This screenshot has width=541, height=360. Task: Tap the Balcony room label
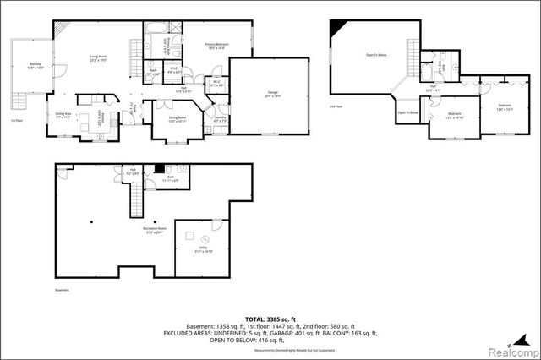tap(35, 65)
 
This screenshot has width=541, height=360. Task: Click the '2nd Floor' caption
tap(336, 107)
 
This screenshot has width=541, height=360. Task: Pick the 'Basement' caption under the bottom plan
tap(63, 288)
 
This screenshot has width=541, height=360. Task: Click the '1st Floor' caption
tap(16, 121)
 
